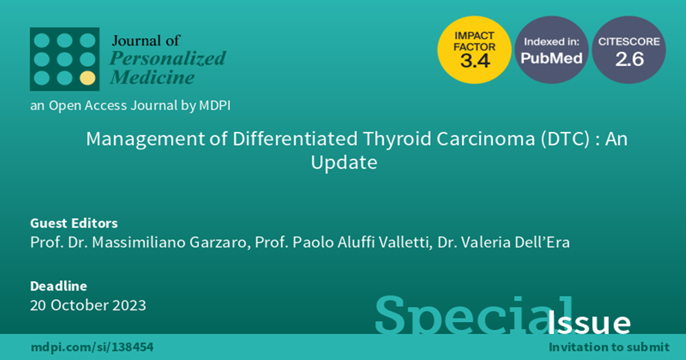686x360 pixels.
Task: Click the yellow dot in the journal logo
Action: point(87,78)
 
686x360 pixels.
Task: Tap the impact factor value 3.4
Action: point(475,61)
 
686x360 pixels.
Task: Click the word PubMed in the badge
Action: point(552,58)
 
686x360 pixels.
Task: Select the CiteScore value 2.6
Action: point(629,59)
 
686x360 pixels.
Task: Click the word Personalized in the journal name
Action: point(167,58)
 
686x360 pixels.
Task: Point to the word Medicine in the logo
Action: point(152,77)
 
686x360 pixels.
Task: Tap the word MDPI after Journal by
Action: point(215,106)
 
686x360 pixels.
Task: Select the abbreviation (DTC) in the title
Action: point(565,139)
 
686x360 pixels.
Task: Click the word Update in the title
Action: point(344,162)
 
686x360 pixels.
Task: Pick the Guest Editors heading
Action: point(74,223)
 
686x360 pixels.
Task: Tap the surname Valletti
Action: point(405,242)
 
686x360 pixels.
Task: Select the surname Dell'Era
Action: point(542,242)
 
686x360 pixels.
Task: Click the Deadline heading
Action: point(58,286)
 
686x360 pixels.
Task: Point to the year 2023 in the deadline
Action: point(129,306)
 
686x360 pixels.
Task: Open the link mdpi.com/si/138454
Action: point(92,347)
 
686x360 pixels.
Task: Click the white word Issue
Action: point(589,323)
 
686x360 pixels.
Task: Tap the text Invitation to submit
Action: point(609,347)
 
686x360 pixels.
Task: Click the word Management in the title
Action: point(145,139)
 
